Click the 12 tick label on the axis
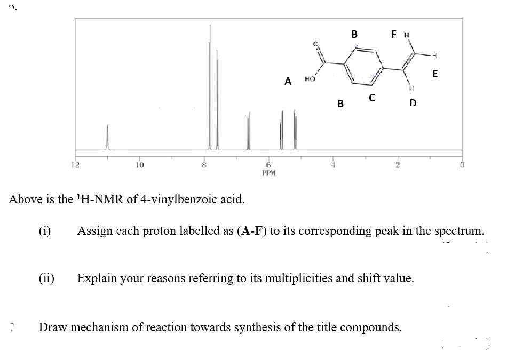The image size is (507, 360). (x=76, y=164)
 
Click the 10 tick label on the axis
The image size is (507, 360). (x=139, y=164)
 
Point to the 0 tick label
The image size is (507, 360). (x=462, y=165)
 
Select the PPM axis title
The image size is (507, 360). (x=268, y=173)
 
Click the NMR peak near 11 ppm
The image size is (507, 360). (x=107, y=137)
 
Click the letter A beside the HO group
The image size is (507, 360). (x=288, y=82)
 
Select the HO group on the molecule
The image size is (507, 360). (x=310, y=79)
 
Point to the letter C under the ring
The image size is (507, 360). (x=372, y=98)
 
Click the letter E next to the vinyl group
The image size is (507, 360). (x=435, y=74)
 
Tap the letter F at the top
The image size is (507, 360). (x=393, y=35)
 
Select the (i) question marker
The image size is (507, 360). (x=45, y=231)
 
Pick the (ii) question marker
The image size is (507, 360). (x=47, y=278)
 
